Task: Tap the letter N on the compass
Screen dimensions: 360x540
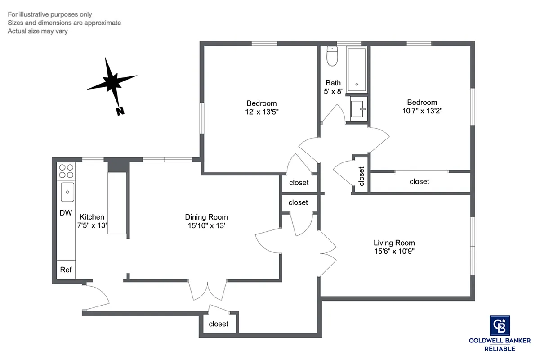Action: tap(120, 111)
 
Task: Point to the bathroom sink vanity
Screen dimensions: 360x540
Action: tap(359, 108)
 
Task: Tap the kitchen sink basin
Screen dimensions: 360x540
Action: tap(67, 192)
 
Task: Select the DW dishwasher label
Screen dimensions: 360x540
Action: tap(66, 213)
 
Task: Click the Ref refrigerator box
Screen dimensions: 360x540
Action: tap(66, 270)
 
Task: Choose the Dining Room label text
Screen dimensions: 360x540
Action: tap(206, 216)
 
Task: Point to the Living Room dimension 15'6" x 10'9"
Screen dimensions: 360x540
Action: tap(394, 252)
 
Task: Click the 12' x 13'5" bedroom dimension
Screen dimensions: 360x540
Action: tap(261, 112)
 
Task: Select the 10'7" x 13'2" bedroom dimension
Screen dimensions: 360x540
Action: tap(422, 111)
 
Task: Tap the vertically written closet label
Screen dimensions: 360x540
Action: tap(361, 176)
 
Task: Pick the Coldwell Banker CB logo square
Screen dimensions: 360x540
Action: tap(500, 325)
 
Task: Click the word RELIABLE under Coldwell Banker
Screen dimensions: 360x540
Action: tap(500, 349)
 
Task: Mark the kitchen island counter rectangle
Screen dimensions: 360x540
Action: tap(118, 203)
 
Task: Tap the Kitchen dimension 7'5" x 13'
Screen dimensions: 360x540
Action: tap(92, 225)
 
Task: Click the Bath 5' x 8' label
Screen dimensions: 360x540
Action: tap(333, 87)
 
